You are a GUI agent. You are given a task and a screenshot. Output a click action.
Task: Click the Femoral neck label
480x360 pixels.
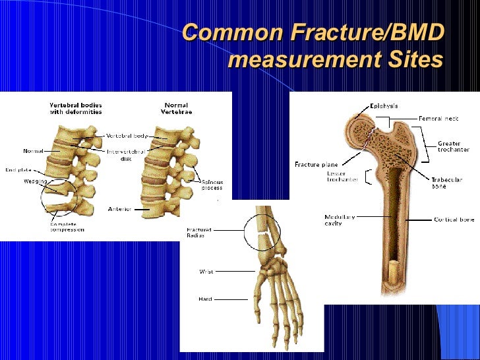[x=438, y=119]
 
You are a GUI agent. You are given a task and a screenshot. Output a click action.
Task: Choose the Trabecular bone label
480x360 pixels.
[x=446, y=183]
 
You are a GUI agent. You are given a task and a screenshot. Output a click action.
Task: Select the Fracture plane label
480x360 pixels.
[x=316, y=165]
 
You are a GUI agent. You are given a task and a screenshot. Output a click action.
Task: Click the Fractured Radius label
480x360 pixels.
[x=198, y=233]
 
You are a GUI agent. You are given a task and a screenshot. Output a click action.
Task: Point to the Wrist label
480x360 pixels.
[x=206, y=270]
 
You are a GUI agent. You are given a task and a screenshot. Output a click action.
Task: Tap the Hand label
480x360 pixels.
[x=205, y=299]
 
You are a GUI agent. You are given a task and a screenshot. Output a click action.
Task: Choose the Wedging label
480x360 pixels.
[x=35, y=181]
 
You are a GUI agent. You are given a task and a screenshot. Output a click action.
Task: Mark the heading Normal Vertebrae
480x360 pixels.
[x=176, y=108]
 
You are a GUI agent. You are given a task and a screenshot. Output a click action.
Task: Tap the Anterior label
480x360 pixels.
[x=119, y=209]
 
